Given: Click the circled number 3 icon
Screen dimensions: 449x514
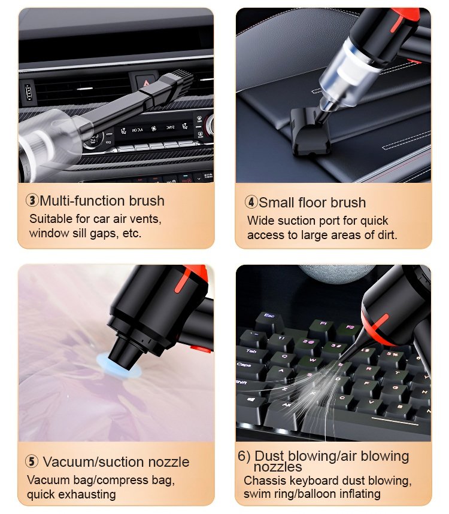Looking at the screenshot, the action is tap(32, 200).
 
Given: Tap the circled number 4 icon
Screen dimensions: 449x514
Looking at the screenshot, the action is tap(251, 202).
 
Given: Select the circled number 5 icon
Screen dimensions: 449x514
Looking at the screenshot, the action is tap(32, 461).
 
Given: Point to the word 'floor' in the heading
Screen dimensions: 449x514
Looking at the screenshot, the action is tap(313, 202).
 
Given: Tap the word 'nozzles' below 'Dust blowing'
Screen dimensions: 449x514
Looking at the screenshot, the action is tap(278, 467).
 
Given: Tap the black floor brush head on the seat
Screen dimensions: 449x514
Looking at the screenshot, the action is tap(309, 132).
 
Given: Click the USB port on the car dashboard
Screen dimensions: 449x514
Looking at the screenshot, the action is tap(29, 92).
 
